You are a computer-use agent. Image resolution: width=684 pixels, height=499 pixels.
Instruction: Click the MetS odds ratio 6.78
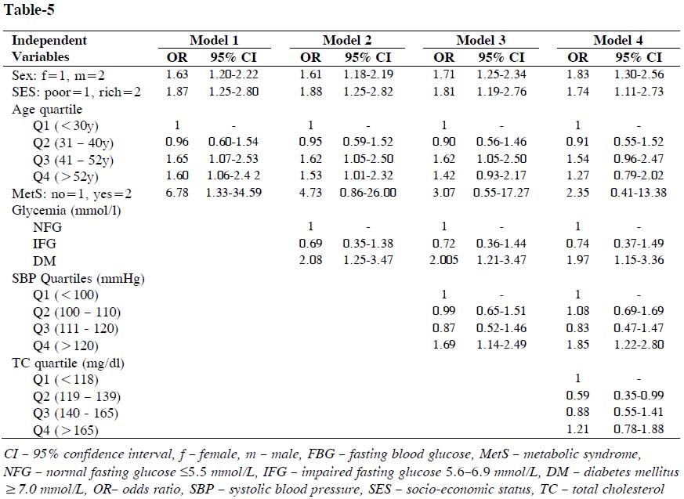point(176,193)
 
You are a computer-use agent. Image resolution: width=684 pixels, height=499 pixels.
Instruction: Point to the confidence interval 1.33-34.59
point(235,193)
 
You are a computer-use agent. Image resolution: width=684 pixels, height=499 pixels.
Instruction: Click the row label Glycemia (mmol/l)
point(60,209)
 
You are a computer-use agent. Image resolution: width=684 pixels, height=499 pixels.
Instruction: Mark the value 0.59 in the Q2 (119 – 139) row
point(578,396)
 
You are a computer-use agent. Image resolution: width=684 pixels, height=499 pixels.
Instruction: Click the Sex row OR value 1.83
point(578,74)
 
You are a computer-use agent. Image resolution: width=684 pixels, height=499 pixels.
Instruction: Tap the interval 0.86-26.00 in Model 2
point(369,193)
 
